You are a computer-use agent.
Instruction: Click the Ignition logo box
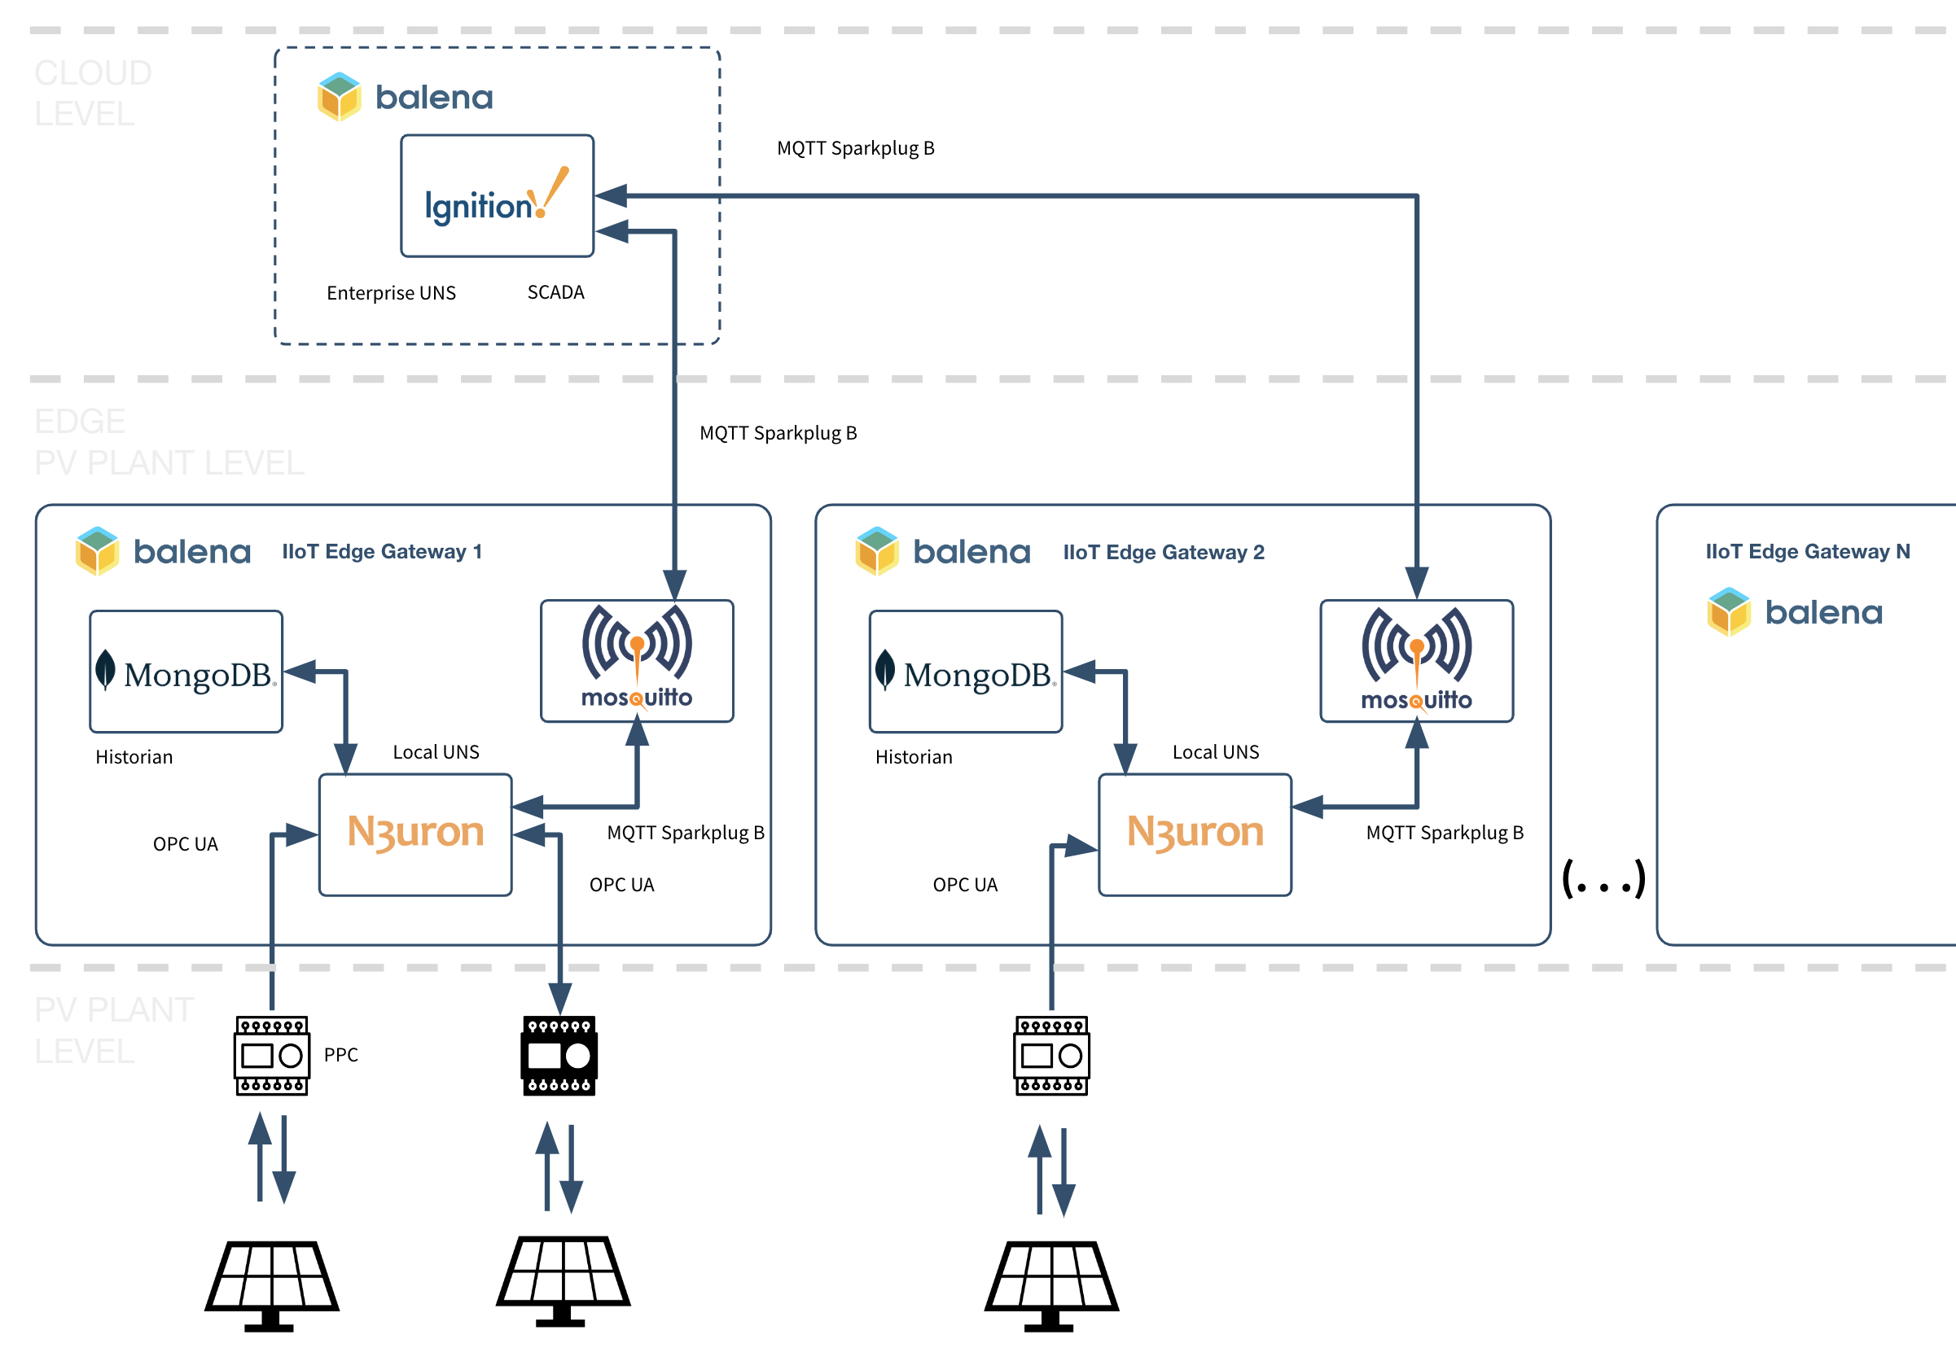[x=497, y=196]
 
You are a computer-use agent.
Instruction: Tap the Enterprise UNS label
[x=391, y=293]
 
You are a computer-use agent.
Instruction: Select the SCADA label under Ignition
[x=555, y=292]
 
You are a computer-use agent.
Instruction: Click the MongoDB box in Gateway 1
[x=186, y=671]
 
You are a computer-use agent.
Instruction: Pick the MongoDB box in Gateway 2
[x=965, y=671]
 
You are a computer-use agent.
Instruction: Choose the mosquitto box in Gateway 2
[x=1416, y=661]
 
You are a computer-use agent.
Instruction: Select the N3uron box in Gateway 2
[x=1195, y=834]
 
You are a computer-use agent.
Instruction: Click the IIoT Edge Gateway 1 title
[x=382, y=551]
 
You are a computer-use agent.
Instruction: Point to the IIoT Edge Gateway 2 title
[x=1163, y=552]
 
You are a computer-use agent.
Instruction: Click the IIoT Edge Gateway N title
[x=1807, y=551]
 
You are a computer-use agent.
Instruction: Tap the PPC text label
[x=340, y=1054]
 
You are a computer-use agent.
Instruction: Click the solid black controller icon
[x=559, y=1055]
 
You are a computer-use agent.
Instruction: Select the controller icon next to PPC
[x=272, y=1055]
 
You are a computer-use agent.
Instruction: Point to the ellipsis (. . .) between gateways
[x=1603, y=879]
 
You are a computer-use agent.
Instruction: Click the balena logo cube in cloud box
[x=339, y=96]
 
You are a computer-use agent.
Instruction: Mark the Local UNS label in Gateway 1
[x=436, y=752]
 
